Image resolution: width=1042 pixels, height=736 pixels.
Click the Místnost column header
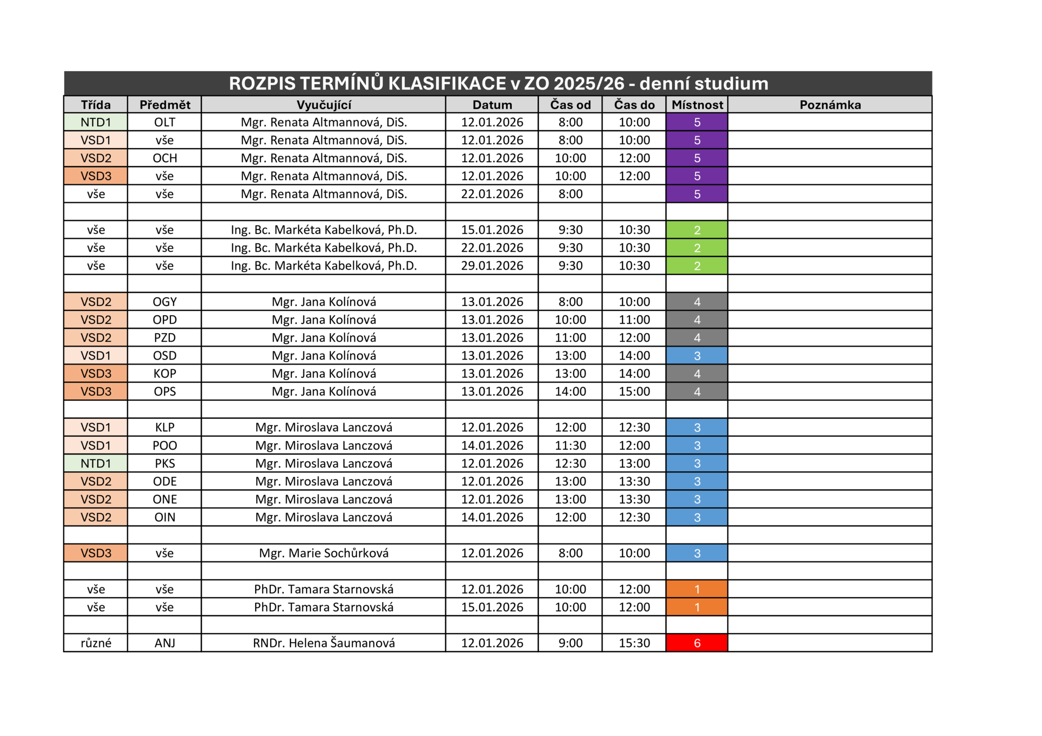point(697,105)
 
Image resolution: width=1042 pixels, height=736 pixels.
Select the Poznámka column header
point(830,105)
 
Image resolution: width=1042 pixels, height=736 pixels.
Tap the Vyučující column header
point(323,105)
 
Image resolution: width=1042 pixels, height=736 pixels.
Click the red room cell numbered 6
point(697,643)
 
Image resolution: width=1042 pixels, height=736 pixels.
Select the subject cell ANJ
point(164,643)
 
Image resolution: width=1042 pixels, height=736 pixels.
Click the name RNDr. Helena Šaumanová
point(323,643)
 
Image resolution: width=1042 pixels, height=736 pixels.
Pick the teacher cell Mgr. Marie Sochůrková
point(323,553)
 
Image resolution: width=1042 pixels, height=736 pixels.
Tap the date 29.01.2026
point(492,266)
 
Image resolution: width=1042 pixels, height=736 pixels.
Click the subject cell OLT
point(164,122)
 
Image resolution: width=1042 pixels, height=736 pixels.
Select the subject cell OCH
point(164,158)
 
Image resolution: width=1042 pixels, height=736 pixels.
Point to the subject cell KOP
point(164,374)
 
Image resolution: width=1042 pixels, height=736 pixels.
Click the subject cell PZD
point(164,337)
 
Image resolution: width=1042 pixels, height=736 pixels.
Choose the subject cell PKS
point(164,463)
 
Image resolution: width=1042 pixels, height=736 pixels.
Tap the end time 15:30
point(634,643)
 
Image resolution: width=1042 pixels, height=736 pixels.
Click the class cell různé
point(96,643)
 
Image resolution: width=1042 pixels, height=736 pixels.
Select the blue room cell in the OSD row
point(697,356)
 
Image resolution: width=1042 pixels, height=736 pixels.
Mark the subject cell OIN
point(164,517)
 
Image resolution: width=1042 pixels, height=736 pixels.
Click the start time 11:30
point(570,445)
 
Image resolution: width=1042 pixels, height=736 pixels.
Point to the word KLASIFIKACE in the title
point(447,84)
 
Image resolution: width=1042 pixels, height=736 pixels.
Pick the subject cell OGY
point(164,302)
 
